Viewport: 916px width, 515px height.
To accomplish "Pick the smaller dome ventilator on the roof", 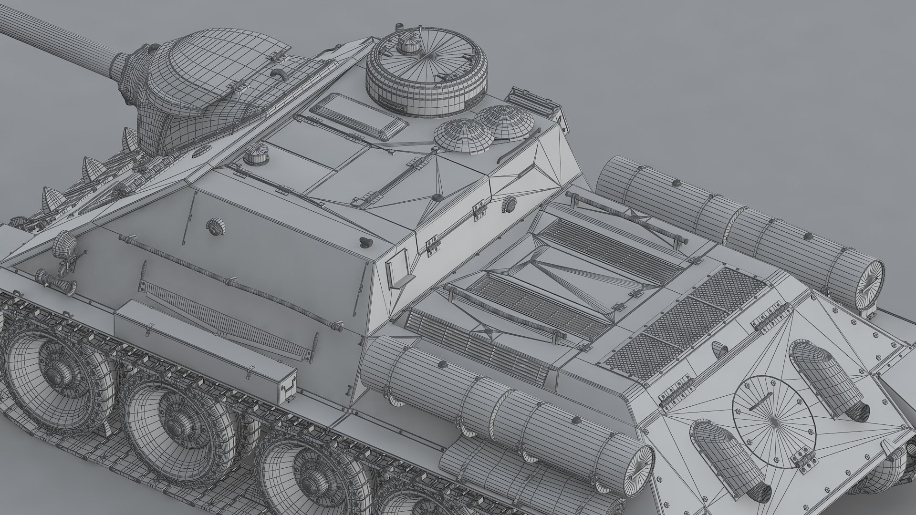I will (463, 135).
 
